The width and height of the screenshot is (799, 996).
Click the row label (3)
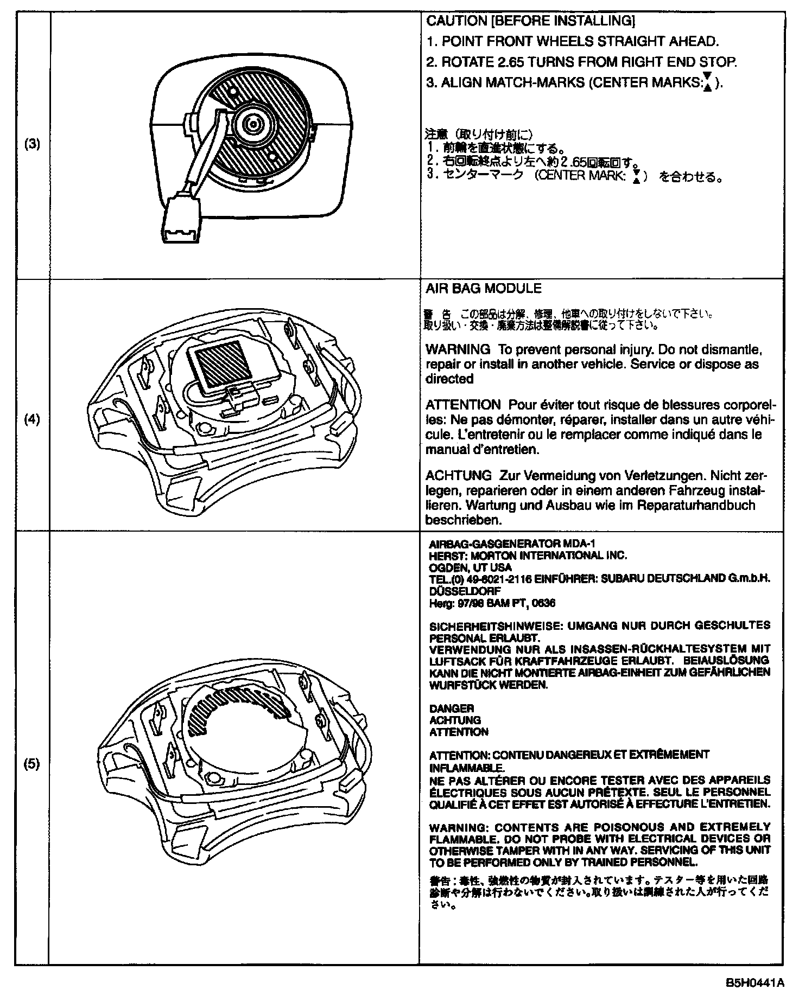click(33, 144)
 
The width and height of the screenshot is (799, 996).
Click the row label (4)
click(33, 419)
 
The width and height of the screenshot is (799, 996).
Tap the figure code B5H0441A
click(756, 983)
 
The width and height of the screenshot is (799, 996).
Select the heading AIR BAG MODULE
click(484, 289)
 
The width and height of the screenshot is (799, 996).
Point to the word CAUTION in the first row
click(449, 21)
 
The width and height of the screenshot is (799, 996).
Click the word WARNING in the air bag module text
click(458, 349)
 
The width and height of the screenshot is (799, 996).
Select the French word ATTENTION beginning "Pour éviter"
click(463, 405)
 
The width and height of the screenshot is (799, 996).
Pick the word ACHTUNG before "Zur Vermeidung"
click(459, 476)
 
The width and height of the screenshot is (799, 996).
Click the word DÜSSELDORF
click(458, 591)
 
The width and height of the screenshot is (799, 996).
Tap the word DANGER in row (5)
click(443, 708)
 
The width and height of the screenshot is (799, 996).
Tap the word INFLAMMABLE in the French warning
click(467, 768)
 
